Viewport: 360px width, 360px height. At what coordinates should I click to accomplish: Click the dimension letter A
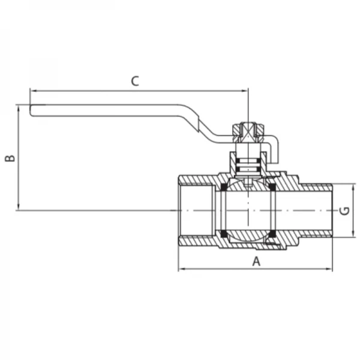tap(256, 261)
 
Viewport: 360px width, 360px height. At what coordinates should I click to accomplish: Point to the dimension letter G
tap(344, 211)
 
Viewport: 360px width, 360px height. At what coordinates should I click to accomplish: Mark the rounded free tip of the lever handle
tap(32, 110)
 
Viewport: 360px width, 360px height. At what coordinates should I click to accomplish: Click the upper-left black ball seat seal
tap(223, 188)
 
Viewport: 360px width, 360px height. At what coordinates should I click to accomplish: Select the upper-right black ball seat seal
tap(272, 188)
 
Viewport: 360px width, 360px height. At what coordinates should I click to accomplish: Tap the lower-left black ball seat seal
tap(223, 233)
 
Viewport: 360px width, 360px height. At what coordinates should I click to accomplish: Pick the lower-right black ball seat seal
tap(272, 233)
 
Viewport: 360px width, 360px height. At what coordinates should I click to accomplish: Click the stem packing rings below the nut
tap(247, 163)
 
